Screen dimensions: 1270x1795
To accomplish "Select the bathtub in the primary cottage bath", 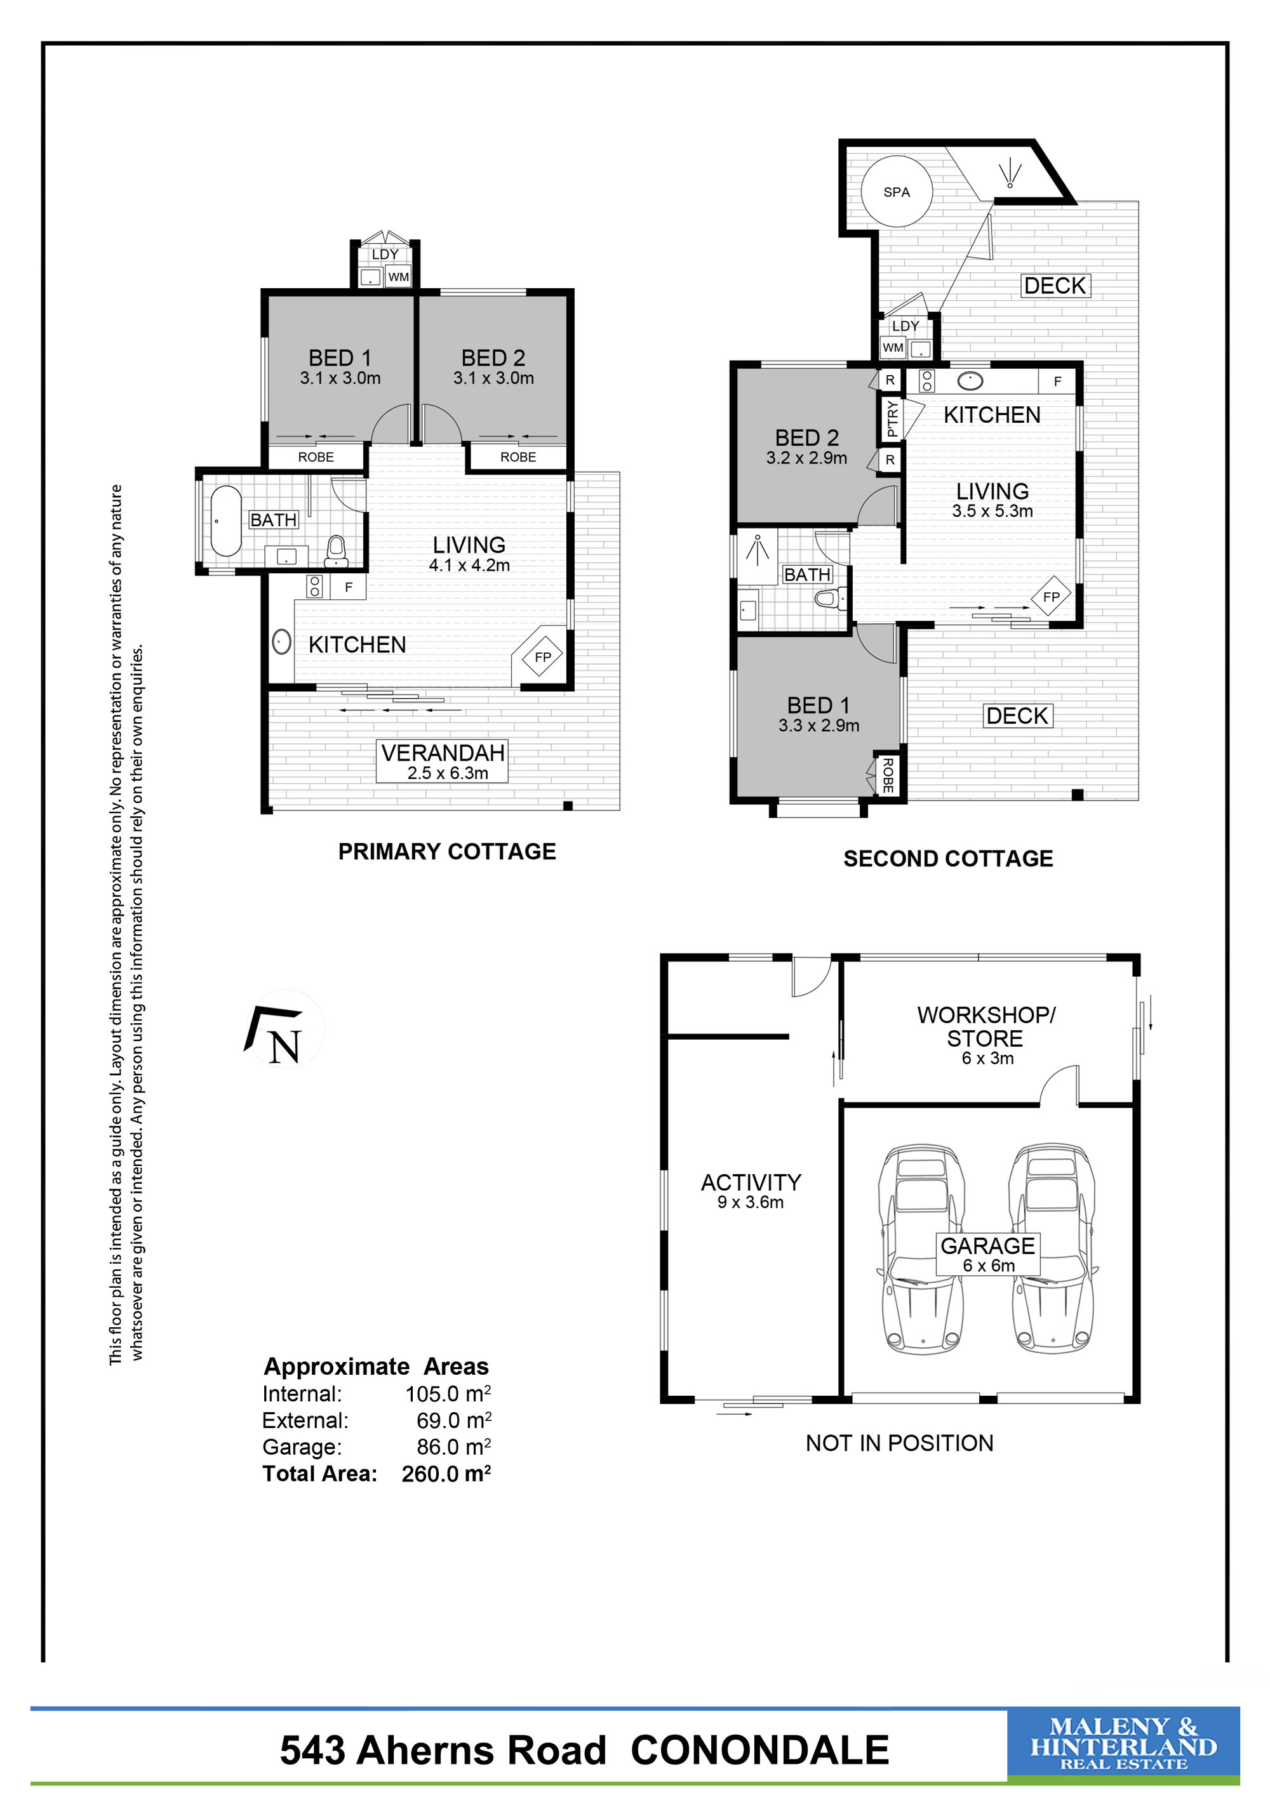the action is pyautogui.click(x=225, y=520).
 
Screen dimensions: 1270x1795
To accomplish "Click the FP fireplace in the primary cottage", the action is pyautogui.click(x=542, y=657).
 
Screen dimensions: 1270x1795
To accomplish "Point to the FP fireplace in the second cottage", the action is pyautogui.click(x=1051, y=597).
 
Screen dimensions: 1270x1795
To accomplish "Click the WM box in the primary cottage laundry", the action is pyautogui.click(x=399, y=277).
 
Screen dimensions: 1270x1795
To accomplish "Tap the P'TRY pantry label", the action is pyautogui.click(x=892, y=419).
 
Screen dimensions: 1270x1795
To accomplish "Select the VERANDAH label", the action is pyautogui.click(x=443, y=752).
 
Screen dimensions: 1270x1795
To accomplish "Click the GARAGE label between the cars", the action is pyautogui.click(x=987, y=1245).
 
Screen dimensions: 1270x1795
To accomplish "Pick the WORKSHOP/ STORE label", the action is pyautogui.click(x=986, y=1026).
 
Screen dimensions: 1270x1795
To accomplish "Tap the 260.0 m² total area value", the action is pyautogui.click(x=446, y=1474).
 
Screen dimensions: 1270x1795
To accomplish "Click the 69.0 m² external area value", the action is pyautogui.click(x=453, y=1421).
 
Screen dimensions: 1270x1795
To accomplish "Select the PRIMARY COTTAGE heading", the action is pyautogui.click(x=446, y=851).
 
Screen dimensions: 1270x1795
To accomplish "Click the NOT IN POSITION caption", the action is pyautogui.click(x=899, y=1443).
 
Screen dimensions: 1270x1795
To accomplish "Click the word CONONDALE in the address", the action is pyautogui.click(x=759, y=1751).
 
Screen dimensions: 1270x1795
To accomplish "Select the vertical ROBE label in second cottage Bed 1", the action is pyautogui.click(x=888, y=775).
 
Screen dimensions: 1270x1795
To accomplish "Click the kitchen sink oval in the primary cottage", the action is pyautogui.click(x=281, y=642).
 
